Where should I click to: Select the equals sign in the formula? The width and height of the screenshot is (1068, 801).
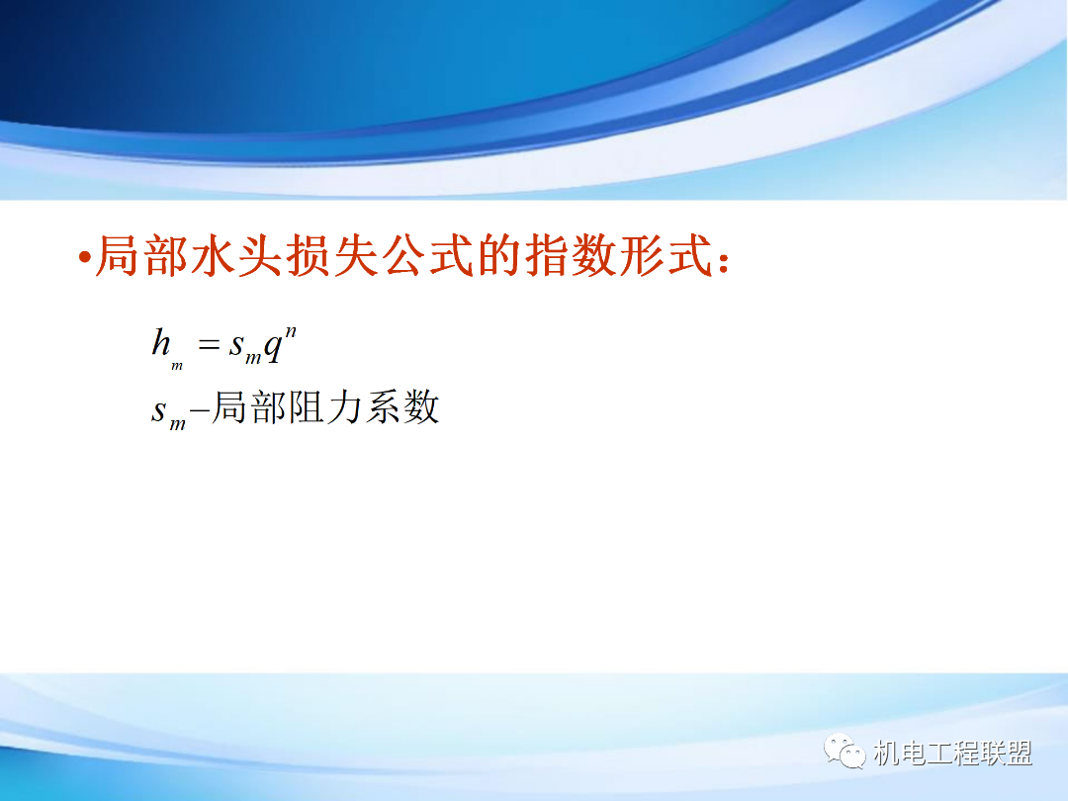(x=207, y=345)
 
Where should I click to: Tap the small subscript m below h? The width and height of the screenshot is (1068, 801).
(x=177, y=366)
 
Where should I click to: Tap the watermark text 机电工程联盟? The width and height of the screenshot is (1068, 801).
(x=953, y=754)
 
